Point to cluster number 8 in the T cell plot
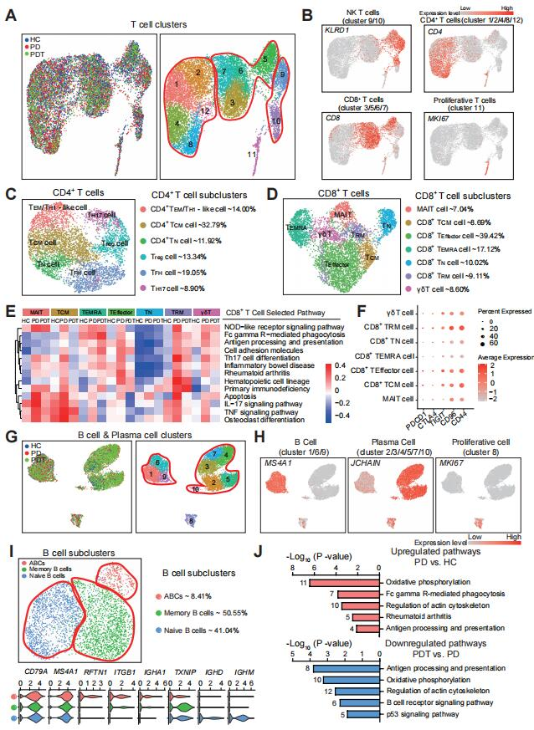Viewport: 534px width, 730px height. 192,145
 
